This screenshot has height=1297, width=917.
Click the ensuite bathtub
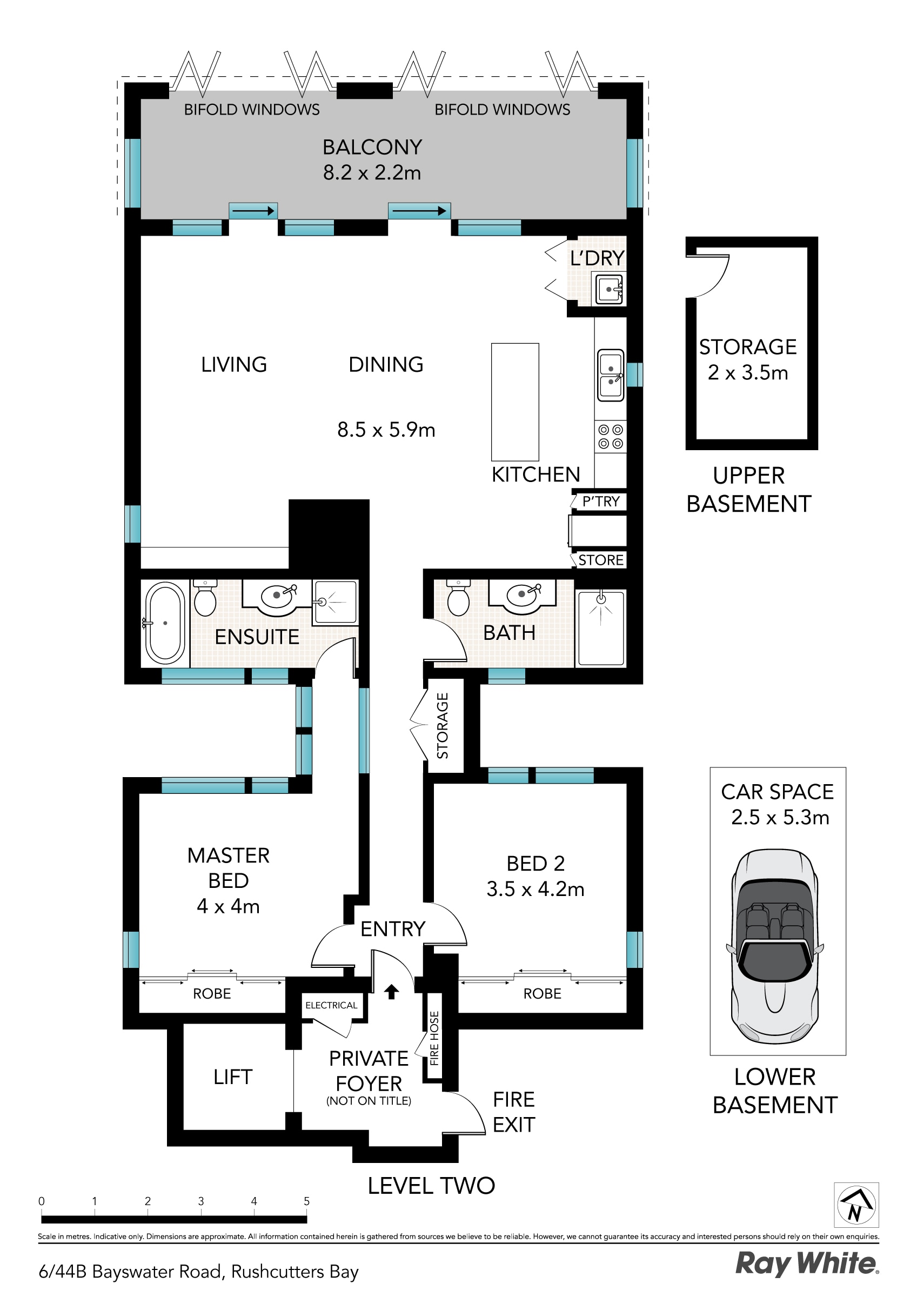(165, 623)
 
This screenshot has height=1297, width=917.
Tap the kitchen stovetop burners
(611, 437)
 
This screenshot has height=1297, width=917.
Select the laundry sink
(608, 289)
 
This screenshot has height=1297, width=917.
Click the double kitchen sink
(611, 375)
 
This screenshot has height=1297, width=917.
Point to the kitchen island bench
(515, 402)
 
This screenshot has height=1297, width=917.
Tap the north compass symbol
(856, 1205)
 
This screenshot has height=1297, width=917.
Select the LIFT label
(233, 1077)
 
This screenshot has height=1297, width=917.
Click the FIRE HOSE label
(434, 1038)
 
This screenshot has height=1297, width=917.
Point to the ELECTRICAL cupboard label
(331, 1005)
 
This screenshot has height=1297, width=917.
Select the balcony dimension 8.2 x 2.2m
(372, 173)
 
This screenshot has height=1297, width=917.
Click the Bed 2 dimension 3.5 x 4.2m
(535, 889)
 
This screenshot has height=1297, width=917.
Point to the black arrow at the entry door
(391, 991)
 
